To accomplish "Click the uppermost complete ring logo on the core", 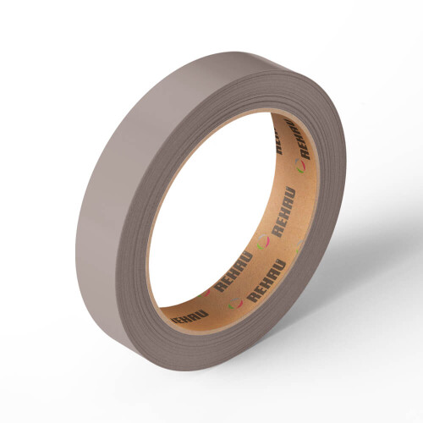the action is click(300, 166).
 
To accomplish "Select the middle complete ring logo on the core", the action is click(263, 242).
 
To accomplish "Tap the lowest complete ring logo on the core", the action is click(235, 303).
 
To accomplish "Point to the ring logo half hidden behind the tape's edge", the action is click(299, 247).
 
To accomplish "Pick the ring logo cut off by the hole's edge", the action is click(204, 293).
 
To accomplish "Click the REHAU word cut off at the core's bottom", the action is click(190, 316).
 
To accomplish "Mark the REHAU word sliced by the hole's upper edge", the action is click(279, 141).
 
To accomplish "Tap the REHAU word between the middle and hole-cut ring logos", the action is click(233, 272).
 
